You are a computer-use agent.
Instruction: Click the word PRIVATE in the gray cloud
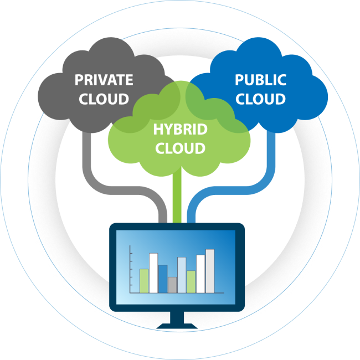coord(104,80)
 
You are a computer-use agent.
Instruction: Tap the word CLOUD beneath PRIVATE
coord(104,99)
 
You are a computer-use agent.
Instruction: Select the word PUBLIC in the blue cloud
coord(260,80)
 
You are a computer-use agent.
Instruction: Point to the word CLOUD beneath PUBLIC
coord(260,99)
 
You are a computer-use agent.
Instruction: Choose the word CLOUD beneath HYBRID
coord(180,148)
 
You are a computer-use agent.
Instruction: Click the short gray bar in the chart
coord(172,285)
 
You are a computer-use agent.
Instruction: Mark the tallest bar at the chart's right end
coord(210,271)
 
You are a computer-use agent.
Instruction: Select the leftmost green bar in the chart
coord(144,280)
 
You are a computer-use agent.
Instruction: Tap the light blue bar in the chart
coord(182,275)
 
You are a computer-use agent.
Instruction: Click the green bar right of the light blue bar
coord(191,281)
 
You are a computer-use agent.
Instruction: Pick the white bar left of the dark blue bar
coord(153,272)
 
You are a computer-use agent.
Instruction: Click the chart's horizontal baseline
coord(177,294)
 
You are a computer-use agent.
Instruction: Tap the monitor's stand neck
coord(177,317)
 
